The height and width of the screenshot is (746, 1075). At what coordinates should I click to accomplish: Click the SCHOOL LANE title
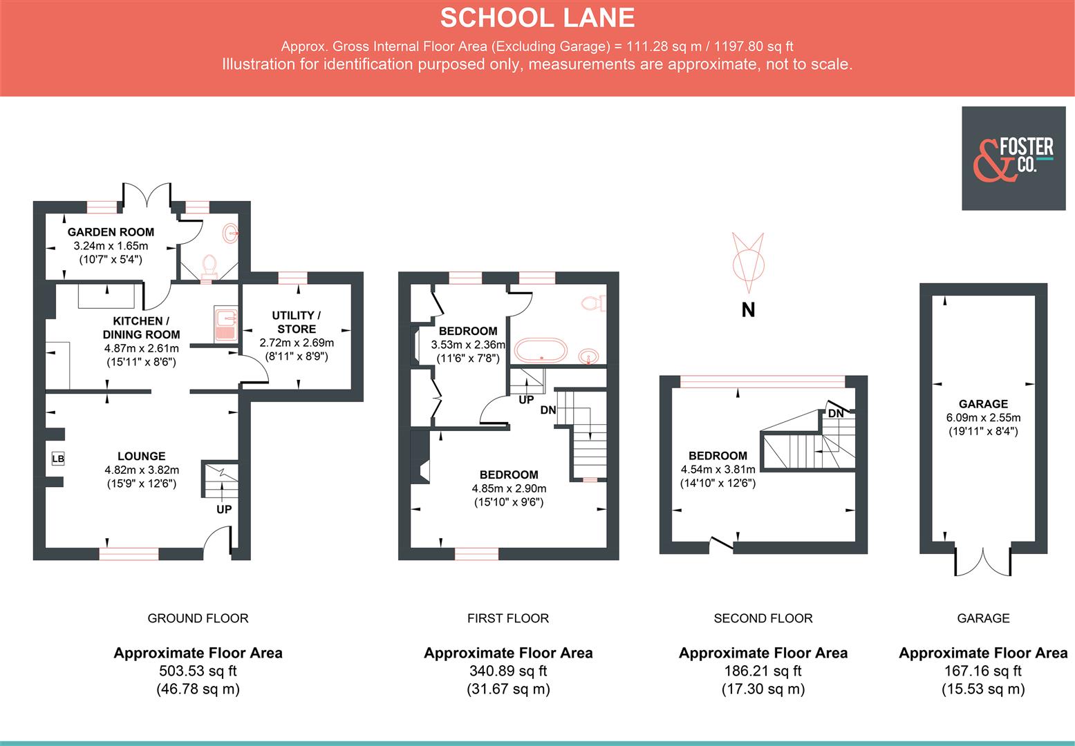537,18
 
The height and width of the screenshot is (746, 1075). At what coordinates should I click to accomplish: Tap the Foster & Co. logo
1013,158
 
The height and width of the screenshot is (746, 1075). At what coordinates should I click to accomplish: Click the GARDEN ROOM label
111,232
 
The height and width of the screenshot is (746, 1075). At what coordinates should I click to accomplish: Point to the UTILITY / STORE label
297,322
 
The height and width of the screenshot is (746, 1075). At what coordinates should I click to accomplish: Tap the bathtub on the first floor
542,350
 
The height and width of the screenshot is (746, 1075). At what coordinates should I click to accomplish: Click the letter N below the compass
748,311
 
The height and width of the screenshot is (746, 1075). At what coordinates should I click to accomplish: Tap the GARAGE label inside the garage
982,404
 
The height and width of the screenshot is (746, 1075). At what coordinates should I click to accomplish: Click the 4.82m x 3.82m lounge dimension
141,470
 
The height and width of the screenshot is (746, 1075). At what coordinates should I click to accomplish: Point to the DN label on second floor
835,414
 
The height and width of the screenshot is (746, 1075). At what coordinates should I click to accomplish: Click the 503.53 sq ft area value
198,671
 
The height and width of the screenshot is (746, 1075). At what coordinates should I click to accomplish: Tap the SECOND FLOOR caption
763,618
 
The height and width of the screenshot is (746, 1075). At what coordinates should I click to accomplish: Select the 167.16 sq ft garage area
982,671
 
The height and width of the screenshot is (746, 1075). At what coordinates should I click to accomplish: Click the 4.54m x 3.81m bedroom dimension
718,469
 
